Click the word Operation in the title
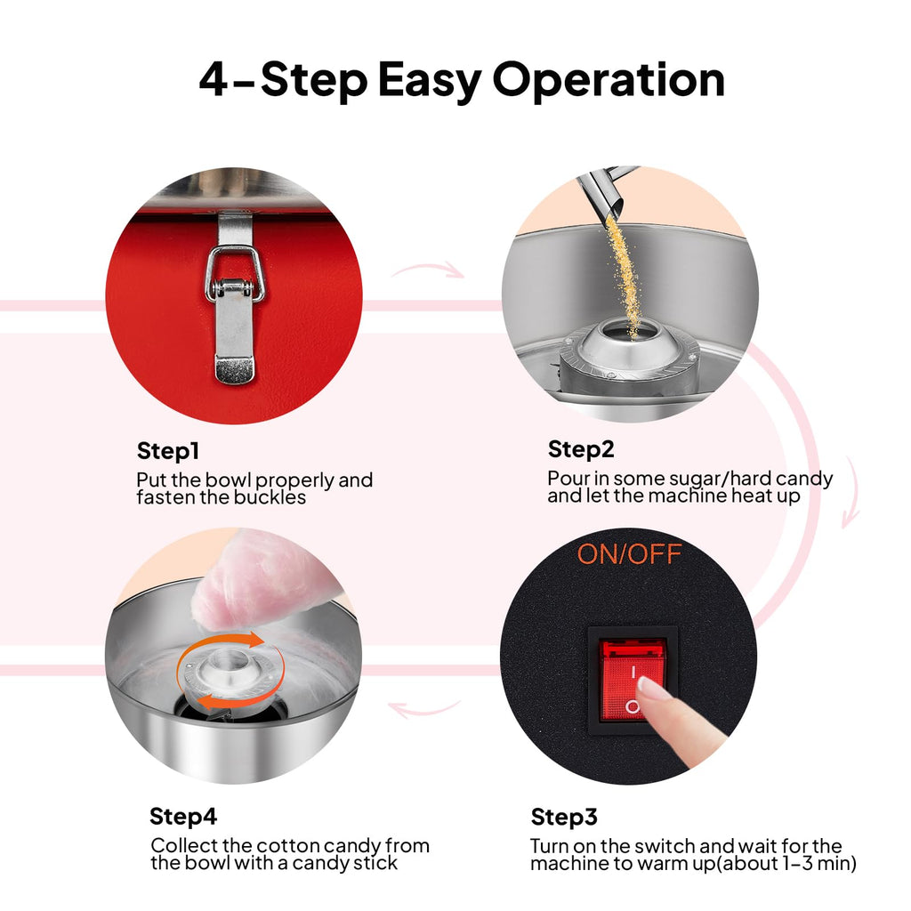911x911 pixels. click(x=609, y=79)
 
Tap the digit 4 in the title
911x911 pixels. click(x=213, y=79)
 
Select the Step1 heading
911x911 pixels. click(x=168, y=451)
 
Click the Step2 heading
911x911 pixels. click(x=580, y=449)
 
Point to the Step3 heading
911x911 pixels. click(x=563, y=817)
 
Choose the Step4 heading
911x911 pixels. click(x=183, y=817)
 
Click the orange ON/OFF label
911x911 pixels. click(x=629, y=554)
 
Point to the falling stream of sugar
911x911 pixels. click(x=624, y=273)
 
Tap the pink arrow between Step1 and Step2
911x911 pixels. click(x=428, y=270)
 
